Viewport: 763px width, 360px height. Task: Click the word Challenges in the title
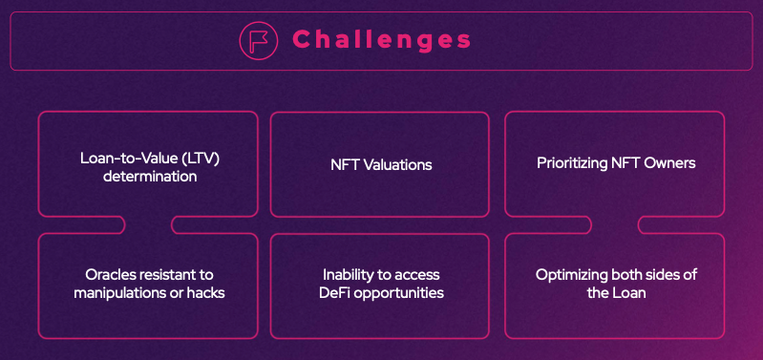click(382, 39)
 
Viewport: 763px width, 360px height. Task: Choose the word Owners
click(669, 163)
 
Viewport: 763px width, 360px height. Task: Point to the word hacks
click(206, 293)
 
